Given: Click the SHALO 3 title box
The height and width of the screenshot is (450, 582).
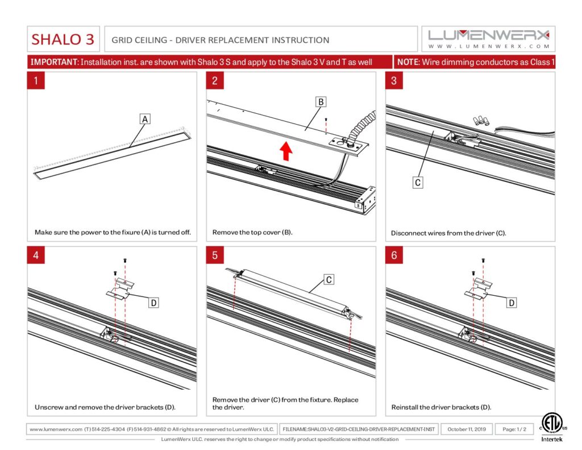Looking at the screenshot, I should (x=63, y=39).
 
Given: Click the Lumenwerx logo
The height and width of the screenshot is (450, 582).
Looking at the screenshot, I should (x=489, y=39).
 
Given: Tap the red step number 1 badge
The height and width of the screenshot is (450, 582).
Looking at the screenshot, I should (x=36, y=81).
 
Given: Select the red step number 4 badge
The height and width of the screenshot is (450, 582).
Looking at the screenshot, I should (x=36, y=255).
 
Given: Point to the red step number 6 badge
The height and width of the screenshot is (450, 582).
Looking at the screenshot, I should (x=394, y=255).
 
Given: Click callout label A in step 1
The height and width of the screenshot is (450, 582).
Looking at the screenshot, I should (x=145, y=119).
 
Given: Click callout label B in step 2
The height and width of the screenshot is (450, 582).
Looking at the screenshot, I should (x=321, y=102).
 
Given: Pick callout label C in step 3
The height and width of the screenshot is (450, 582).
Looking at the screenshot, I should (x=418, y=182).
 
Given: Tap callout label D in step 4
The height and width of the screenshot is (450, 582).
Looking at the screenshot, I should (x=153, y=303).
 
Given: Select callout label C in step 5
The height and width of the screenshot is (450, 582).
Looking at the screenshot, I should (x=329, y=279).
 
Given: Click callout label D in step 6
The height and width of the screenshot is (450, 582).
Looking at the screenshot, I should (x=512, y=303).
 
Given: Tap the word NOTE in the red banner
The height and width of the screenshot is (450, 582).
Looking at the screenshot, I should (x=408, y=62).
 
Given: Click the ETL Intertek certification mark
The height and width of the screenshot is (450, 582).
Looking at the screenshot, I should (x=549, y=427).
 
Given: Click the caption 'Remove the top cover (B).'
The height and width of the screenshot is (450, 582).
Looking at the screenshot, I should (x=252, y=233).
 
